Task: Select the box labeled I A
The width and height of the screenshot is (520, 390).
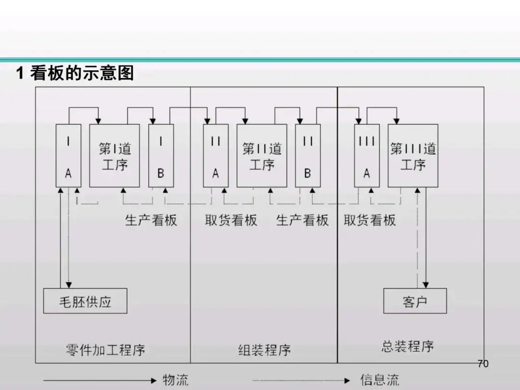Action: [x=68, y=156]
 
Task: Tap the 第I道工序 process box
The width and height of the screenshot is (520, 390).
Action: [x=115, y=156]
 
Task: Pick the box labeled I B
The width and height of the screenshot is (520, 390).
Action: [x=161, y=156]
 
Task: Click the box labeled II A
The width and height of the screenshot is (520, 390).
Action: [x=215, y=156]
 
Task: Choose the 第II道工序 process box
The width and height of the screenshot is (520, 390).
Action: [x=261, y=156]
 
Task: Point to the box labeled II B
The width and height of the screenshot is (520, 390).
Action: [x=308, y=156]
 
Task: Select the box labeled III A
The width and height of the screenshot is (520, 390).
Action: [x=366, y=156]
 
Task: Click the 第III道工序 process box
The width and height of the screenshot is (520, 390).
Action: [x=413, y=156]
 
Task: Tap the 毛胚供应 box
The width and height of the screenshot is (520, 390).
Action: [x=85, y=301]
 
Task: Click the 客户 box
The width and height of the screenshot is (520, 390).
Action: [x=415, y=301]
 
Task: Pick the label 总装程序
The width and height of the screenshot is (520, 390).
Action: [x=407, y=346]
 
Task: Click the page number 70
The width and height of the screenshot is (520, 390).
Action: [x=482, y=364]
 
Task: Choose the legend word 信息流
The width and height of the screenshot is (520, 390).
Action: [x=379, y=380]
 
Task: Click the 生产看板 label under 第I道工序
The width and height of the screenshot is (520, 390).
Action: [x=151, y=220]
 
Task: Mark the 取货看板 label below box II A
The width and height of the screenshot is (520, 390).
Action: [x=231, y=220]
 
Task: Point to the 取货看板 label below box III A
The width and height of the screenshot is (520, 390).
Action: [x=370, y=220]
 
